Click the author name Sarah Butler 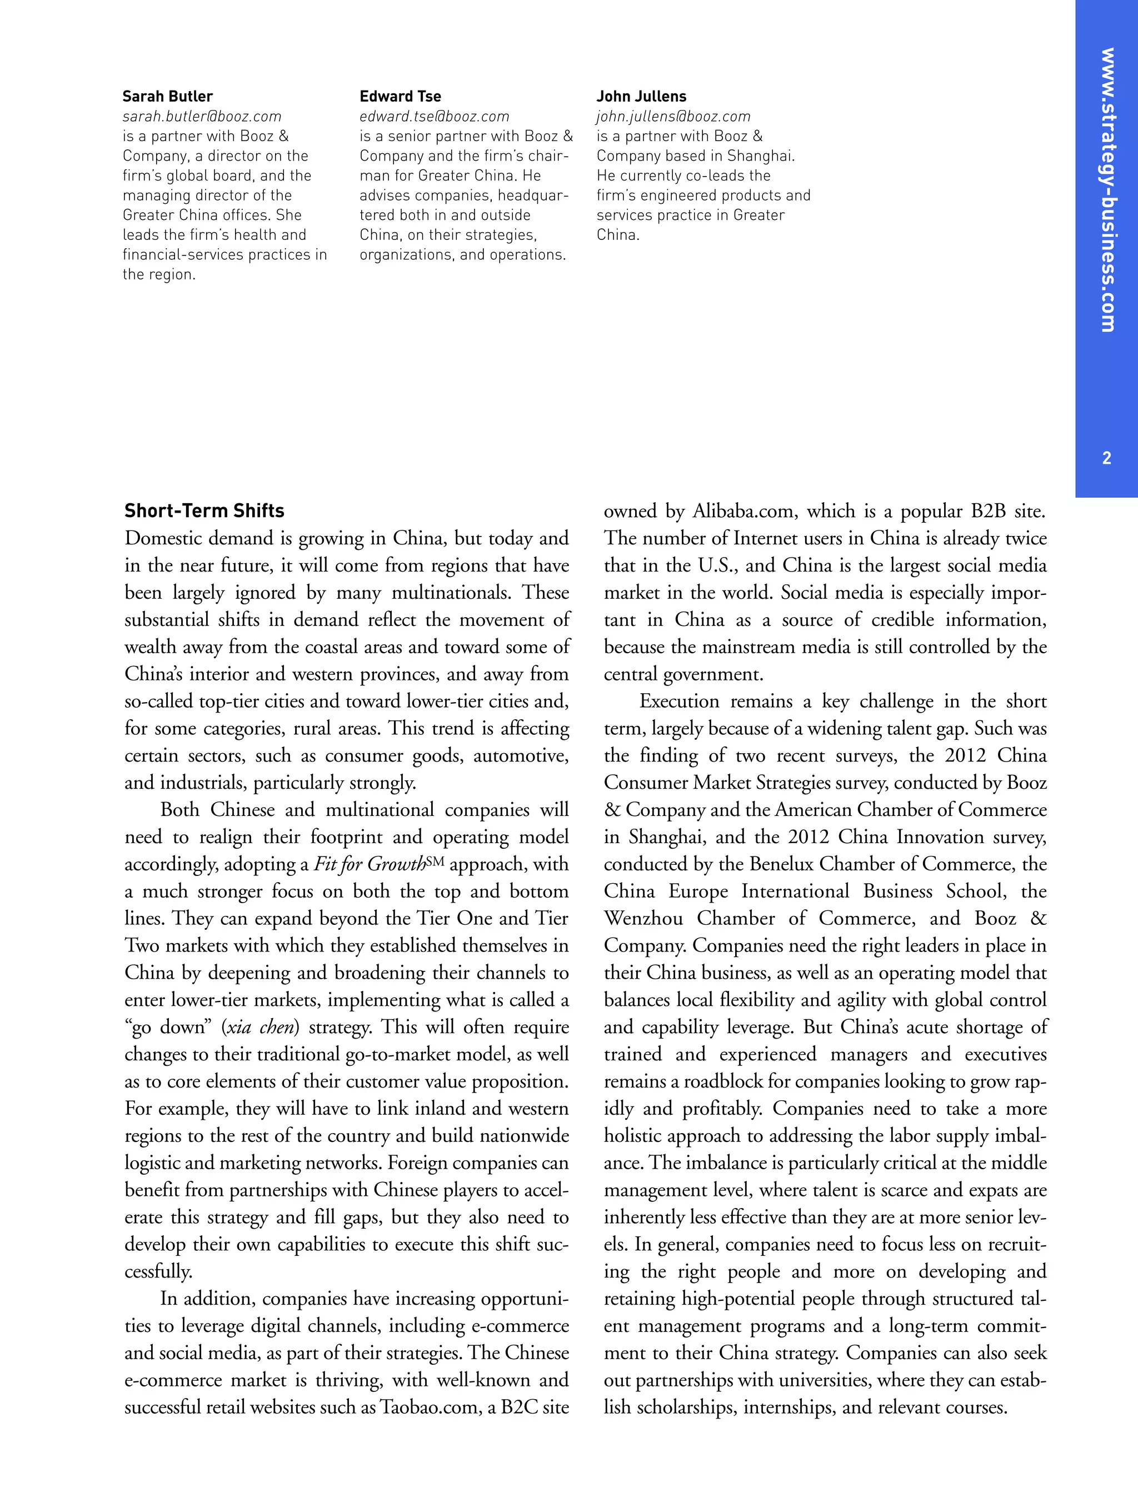167,96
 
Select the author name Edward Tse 400,96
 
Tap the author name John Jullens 641,96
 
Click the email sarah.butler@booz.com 201,117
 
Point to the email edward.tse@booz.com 433,117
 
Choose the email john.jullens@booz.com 673,117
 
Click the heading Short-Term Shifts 204,510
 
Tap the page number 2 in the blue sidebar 1106,458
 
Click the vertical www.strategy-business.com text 1107,189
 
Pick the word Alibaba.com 742,511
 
